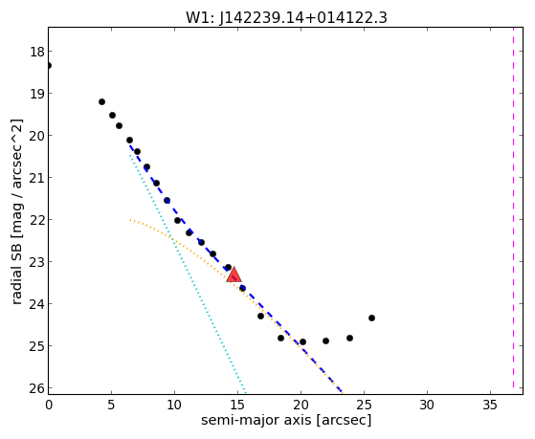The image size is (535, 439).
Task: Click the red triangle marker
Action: (234, 274)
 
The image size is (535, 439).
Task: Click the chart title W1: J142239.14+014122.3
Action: (286, 17)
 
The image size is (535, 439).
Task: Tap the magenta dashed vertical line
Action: (513, 210)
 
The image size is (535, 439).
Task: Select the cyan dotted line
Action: (187, 273)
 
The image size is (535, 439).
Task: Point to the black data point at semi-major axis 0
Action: (49, 65)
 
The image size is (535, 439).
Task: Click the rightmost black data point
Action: (371, 318)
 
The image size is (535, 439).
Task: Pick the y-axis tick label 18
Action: (36, 53)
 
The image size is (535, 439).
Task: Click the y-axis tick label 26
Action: (36, 388)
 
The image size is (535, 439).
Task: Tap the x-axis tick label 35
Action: (490, 405)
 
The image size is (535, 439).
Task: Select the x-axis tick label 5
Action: (111, 405)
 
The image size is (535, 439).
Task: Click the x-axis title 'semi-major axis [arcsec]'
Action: (286, 420)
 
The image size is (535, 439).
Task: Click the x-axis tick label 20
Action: (301, 405)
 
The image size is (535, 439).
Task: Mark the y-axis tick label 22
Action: (36, 220)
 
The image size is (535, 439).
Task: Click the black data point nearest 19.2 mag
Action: (101, 101)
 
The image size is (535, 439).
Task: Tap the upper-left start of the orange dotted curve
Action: (130, 220)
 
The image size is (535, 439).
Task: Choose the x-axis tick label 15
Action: (237, 405)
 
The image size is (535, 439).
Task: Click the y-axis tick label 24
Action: (36, 304)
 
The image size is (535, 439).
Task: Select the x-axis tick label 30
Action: (427, 405)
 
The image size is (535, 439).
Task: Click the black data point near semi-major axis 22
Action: (325, 340)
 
